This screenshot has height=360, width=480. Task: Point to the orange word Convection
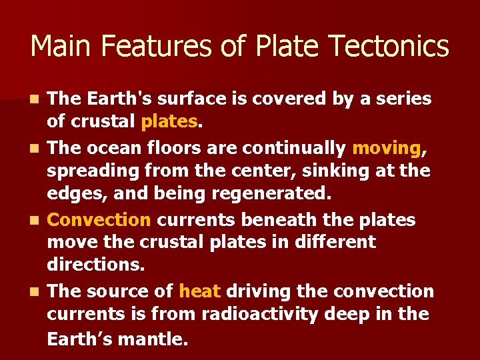tap(100, 219)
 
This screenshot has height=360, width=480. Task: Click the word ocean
tap(111, 147)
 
